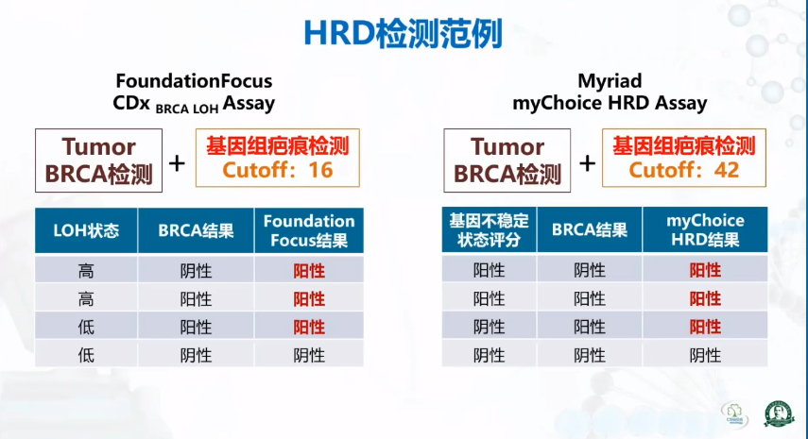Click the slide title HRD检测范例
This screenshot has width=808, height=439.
click(403, 34)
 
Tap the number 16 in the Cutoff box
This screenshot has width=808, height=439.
click(320, 170)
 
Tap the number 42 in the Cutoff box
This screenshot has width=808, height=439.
click(727, 170)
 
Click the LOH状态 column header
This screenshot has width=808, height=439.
click(86, 230)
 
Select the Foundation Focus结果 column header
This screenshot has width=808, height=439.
click(309, 230)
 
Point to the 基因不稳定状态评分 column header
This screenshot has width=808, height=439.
click(489, 230)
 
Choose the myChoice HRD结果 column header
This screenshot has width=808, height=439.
click(705, 230)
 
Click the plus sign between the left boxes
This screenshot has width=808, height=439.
click(177, 163)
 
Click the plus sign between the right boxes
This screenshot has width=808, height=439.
click(587, 163)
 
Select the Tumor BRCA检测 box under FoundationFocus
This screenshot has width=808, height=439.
click(98, 160)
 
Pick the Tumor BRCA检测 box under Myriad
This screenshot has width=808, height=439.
click(507, 160)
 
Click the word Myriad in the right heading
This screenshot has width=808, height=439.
click(610, 81)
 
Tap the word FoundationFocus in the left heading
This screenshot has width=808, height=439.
click(194, 81)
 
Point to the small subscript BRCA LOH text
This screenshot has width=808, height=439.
click(187, 109)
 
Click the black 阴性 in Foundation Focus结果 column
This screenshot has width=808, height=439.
click(309, 355)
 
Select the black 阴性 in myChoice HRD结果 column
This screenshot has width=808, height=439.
click(705, 355)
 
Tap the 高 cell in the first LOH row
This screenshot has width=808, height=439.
click(86, 271)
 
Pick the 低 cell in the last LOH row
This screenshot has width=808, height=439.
click(86, 355)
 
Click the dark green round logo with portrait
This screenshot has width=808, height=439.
click(779, 414)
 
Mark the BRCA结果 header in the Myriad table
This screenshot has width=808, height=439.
click(590, 230)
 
